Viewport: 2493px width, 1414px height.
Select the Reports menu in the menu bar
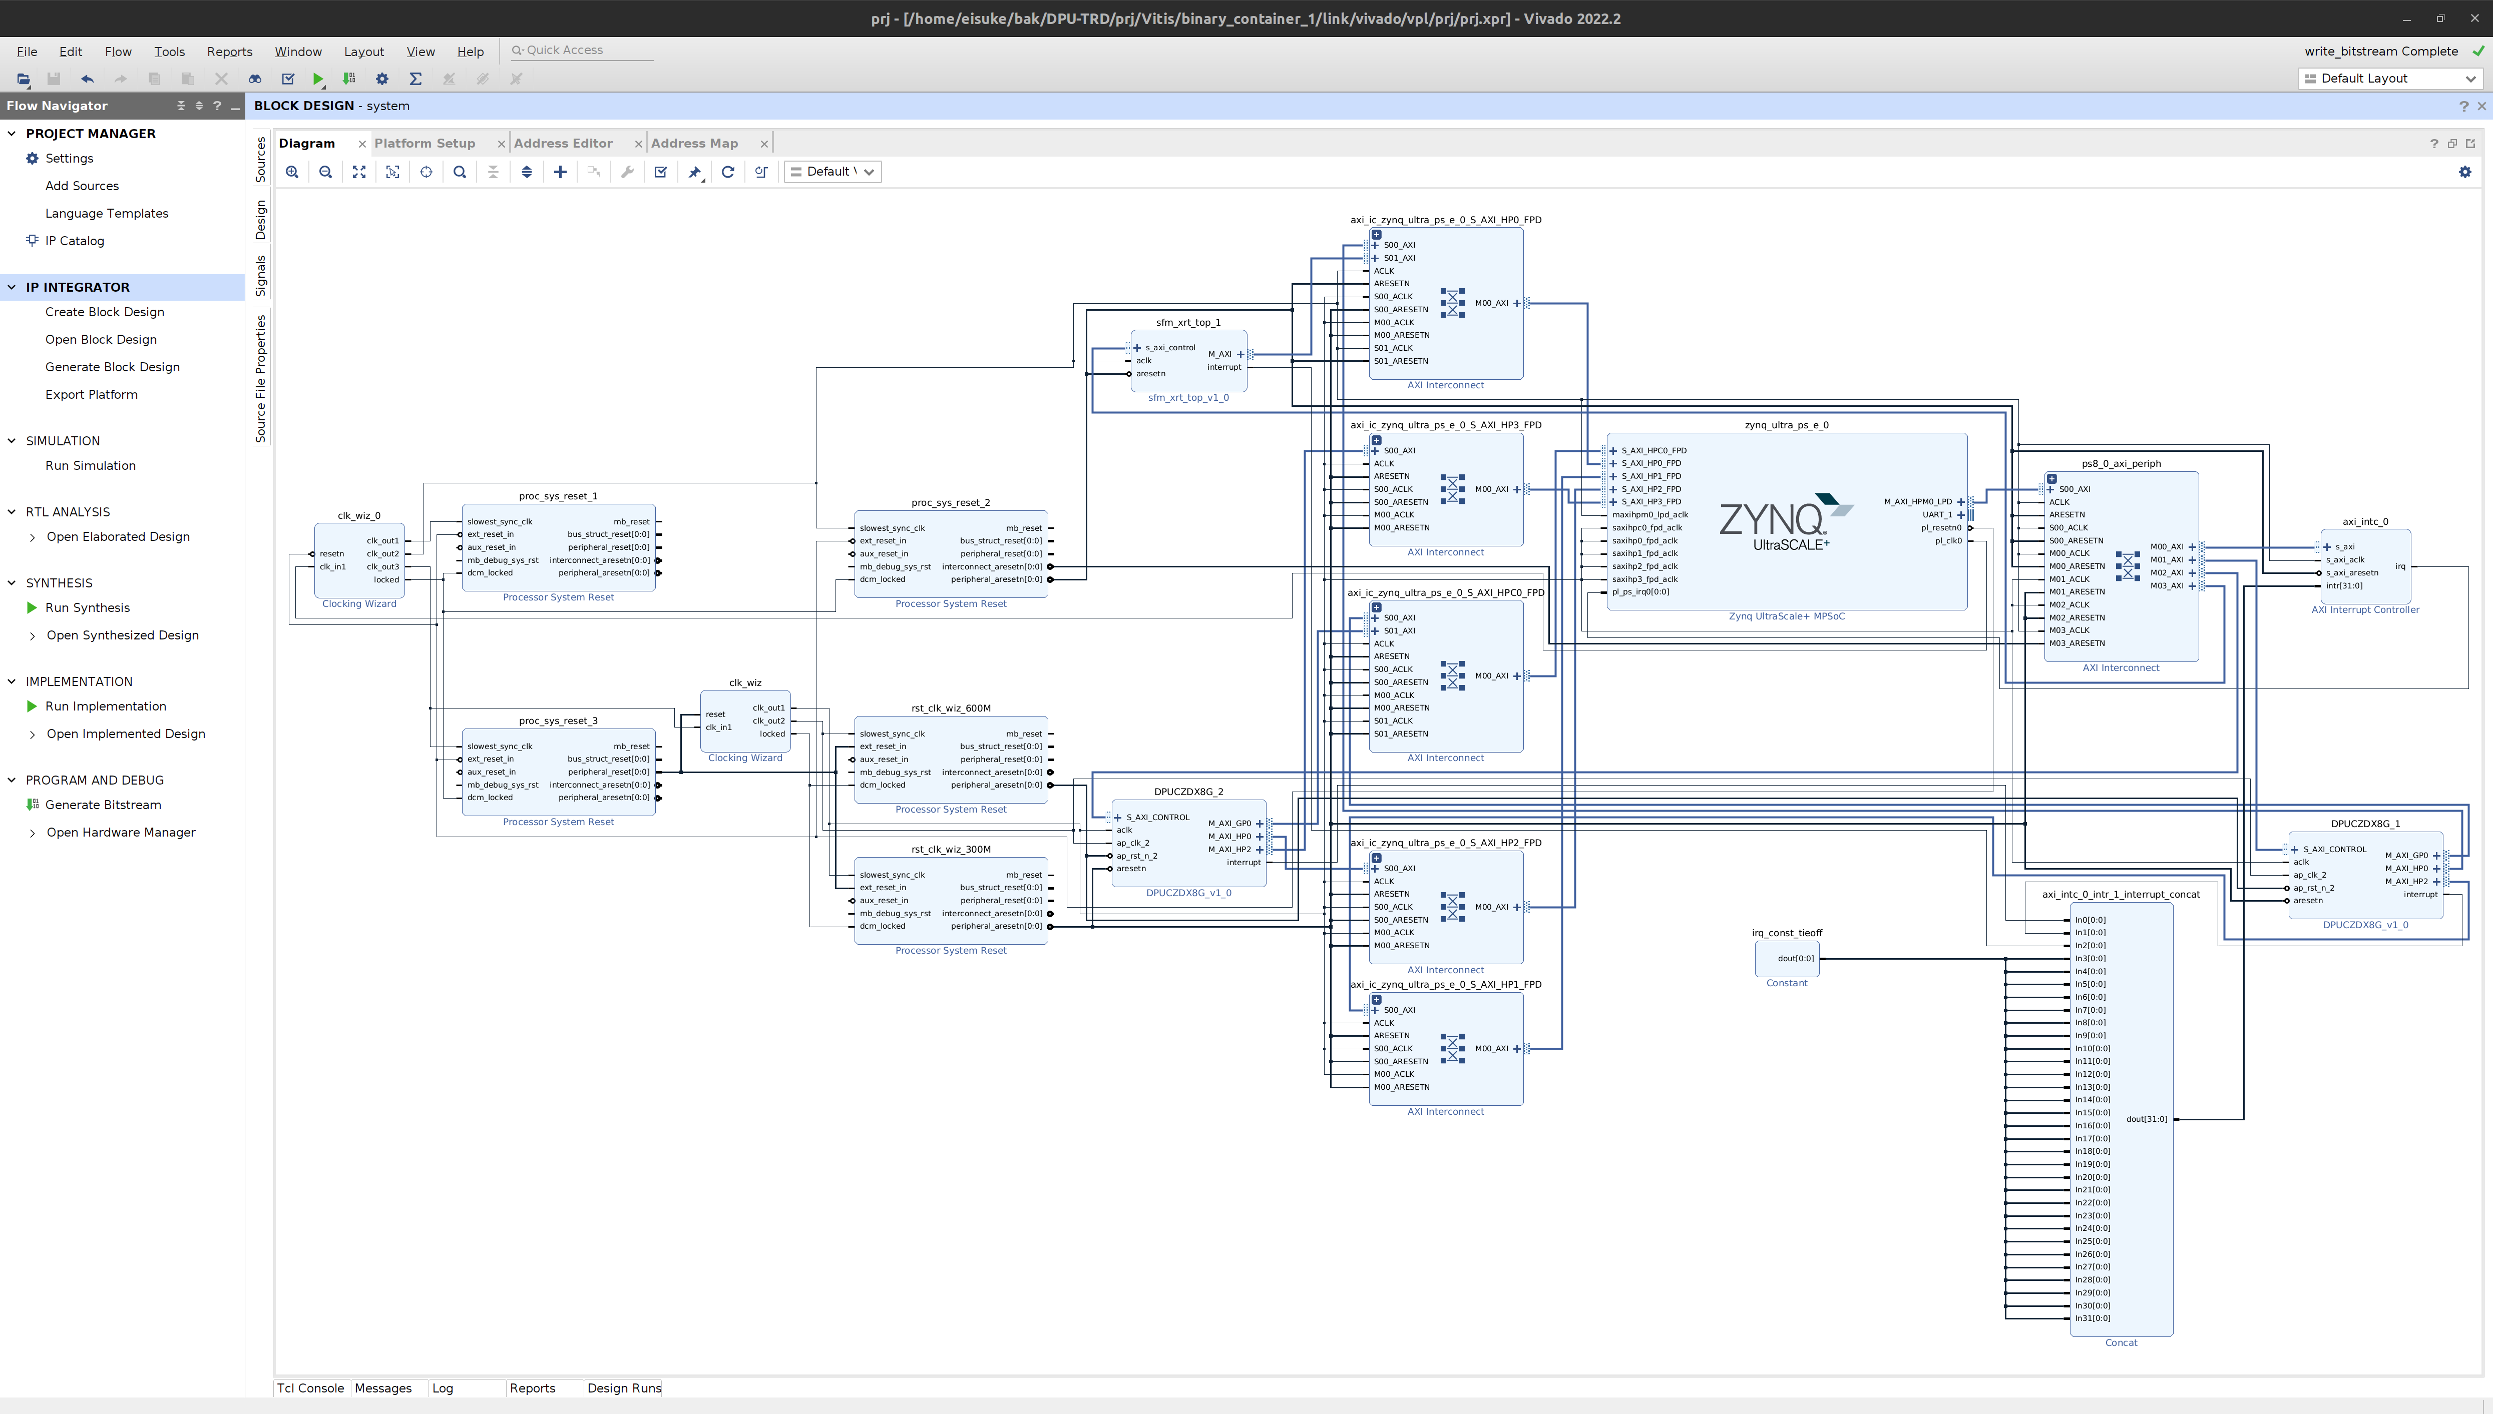[x=229, y=52]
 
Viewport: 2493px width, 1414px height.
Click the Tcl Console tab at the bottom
[x=310, y=1388]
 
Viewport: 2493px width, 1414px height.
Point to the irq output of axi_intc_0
[x=2400, y=566]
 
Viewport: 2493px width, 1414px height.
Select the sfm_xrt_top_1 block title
[x=1187, y=322]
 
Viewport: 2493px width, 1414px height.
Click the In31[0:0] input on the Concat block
[x=2092, y=1318]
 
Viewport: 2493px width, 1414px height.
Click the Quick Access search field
[x=583, y=51]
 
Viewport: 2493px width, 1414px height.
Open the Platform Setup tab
[x=425, y=143]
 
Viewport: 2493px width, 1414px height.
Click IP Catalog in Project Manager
[x=74, y=241]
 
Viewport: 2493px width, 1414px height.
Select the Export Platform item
[x=91, y=394]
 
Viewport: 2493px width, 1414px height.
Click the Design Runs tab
[x=624, y=1388]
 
